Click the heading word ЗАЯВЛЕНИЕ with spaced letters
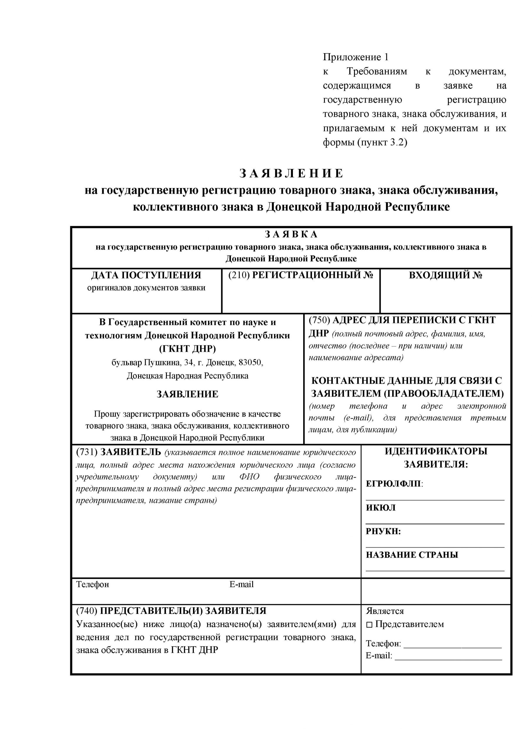pos(291,174)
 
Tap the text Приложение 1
pos(355,57)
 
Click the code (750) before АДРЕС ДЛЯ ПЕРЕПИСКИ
pos(319,320)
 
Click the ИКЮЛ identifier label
pos(381,508)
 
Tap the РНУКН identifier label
pos(383,531)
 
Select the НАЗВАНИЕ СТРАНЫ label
pos(412,555)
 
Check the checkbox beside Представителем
pos(370,625)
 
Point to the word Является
pos(385,611)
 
